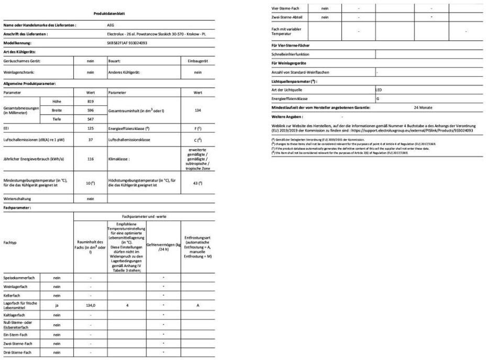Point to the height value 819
click(x=90, y=100)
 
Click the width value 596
click(x=90, y=110)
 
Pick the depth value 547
click(x=90, y=119)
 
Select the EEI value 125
click(x=90, y=128)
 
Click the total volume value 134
click(x=197, y=110)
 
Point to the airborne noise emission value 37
click(x=90, y=140)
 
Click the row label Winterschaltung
click(x=17, y=199)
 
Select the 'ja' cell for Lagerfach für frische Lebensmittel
click(x=56, y=305)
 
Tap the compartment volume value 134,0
click(x=90, y=305)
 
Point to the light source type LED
click(x=379, y=89)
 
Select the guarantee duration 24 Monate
click(x=423, y=107)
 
